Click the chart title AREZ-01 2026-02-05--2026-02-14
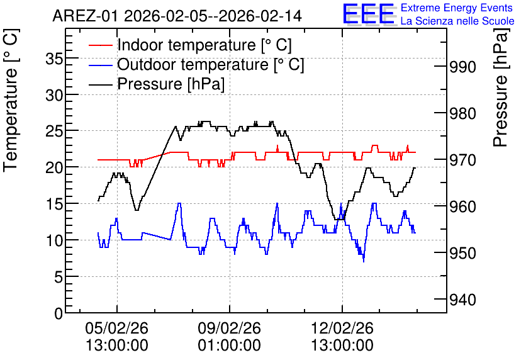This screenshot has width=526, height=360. click(177, 16)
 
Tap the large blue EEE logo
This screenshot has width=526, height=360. click(369, 14)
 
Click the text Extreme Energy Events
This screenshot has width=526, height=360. click(457, 8)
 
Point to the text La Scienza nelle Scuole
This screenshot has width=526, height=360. click(457, 21)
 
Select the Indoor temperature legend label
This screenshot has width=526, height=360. click(204, 45)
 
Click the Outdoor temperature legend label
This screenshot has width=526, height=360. click(211, 64)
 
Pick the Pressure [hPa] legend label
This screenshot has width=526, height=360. click(171, 84)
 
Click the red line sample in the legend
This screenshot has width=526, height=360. click(100, 45)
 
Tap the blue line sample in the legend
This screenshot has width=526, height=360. click(100, 65)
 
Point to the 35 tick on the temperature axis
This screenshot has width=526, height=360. click(54, 59)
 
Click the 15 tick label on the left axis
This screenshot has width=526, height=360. click(54, 205)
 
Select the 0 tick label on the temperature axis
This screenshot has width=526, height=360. click(59, 313)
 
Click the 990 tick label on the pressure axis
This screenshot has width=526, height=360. click(462, 67)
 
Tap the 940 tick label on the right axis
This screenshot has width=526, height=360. click(462, 300)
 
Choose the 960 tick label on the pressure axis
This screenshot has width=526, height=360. click(462, 206)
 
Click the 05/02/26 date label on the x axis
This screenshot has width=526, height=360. click(117, 328)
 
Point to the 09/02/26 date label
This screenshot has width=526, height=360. click(229, 328)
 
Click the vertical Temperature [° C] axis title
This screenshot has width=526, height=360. click(11, 100)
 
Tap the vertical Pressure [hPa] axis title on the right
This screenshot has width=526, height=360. click(500, 87)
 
